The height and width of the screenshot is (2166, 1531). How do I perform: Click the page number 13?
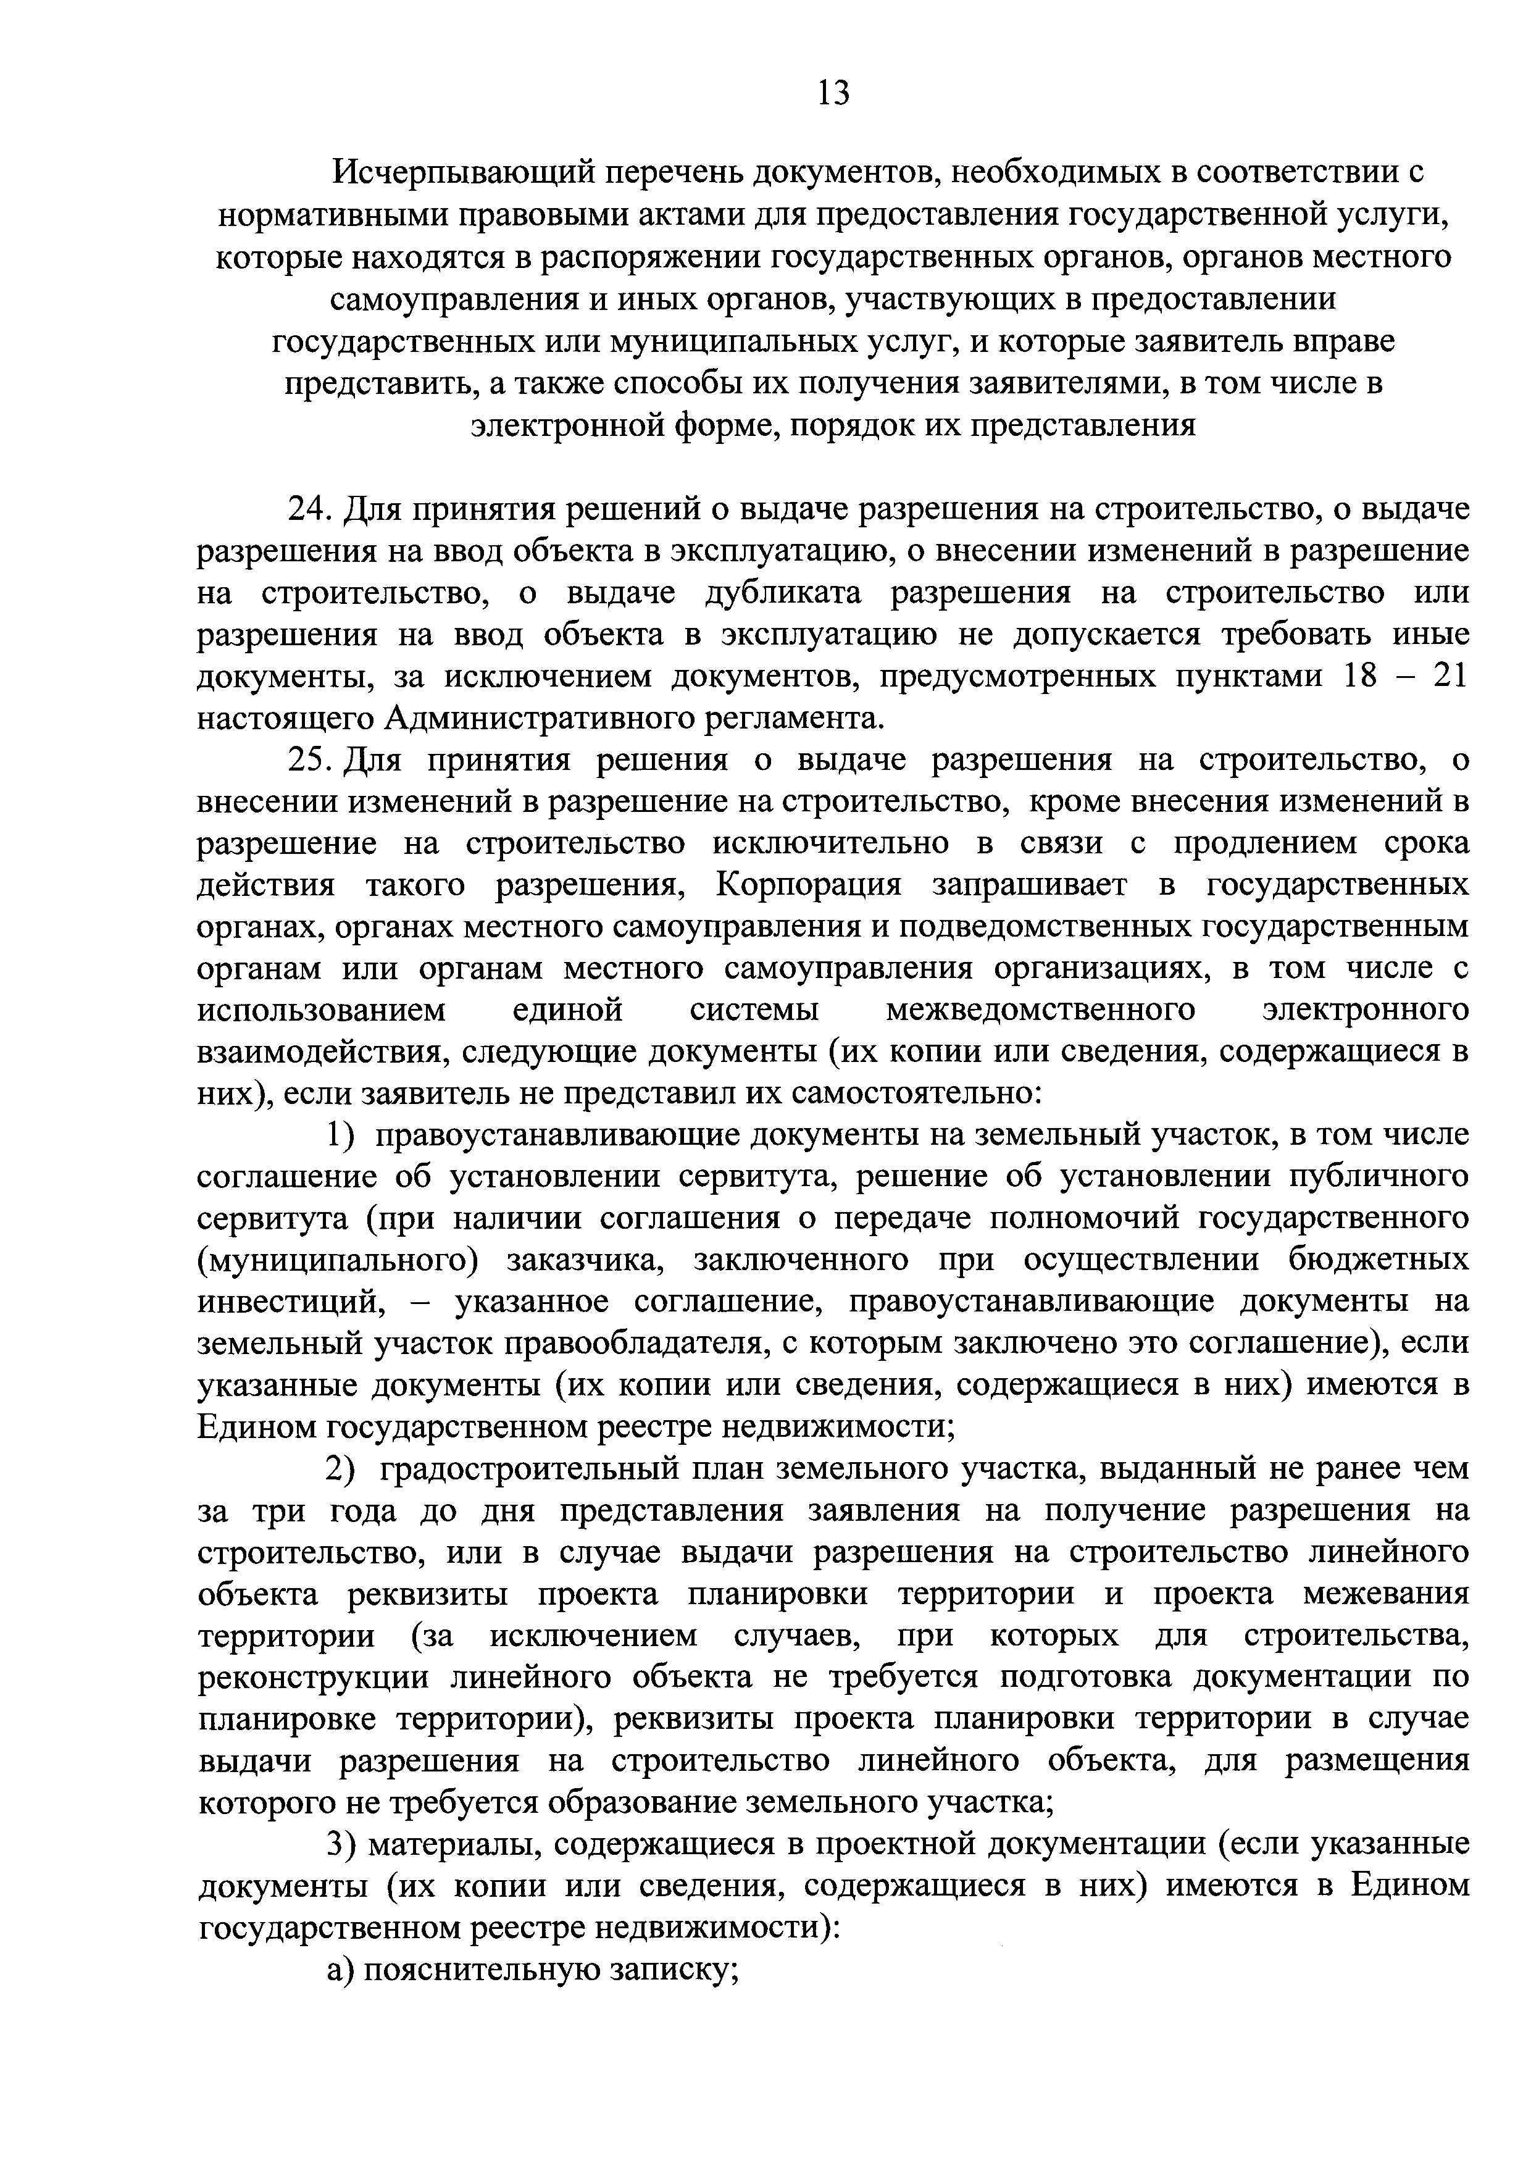point(834,93)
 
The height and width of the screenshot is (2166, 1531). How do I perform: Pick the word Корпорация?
point(809,885)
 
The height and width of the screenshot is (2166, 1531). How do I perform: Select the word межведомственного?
point(1040,1010)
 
